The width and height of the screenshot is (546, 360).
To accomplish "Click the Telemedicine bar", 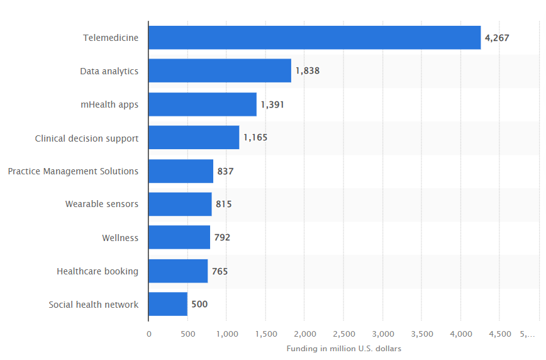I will point(315,38).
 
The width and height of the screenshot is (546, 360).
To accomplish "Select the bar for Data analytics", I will point(220,70).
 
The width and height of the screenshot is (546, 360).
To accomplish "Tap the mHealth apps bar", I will point(203,104).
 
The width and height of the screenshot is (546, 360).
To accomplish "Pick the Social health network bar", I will point(168,304).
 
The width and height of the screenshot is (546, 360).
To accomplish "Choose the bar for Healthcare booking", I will point(178,271).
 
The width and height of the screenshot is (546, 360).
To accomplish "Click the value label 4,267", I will point(497,38).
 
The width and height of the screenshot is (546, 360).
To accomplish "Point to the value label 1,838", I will point(308,70).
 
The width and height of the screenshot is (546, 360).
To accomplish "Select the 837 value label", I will point(225,171).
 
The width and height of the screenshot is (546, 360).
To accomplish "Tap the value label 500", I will point(199,304).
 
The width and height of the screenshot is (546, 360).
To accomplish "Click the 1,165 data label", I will point(255,137).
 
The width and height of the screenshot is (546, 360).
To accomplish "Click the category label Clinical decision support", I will point(87,138).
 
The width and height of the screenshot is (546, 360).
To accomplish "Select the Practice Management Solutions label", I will point(73,171).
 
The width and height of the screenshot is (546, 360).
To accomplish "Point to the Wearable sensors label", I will point(102,204).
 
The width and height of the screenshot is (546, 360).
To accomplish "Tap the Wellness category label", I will point(120,238).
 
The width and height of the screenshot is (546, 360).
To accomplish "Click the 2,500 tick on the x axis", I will point(344,334).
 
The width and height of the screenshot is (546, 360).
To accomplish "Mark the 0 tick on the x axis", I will point(149,334).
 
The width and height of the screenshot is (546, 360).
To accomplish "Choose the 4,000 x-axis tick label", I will point(461,334).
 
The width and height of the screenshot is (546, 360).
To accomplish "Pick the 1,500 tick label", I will point(266,334).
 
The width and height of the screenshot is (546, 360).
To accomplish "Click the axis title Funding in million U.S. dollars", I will point(343,348).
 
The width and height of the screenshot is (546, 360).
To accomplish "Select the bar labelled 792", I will point(179,237).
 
